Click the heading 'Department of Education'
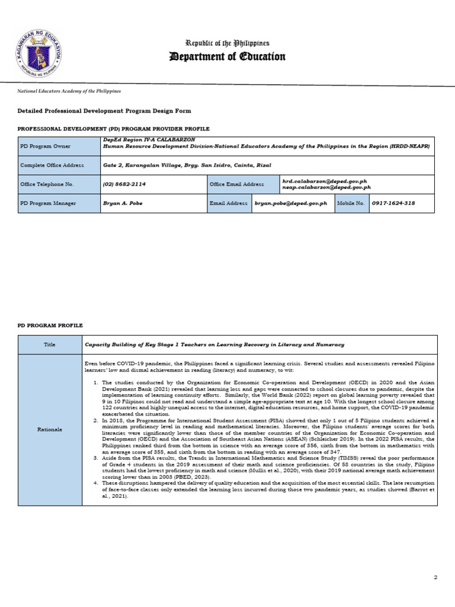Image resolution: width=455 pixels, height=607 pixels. tap(227, 57)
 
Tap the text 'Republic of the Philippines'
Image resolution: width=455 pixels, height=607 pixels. tap(227, 43)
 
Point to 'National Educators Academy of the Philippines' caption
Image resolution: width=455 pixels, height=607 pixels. tap(71, 91)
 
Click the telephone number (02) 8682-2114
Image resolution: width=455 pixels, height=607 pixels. tap(124, 184)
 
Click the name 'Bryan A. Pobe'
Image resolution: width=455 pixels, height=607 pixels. tap(123, 203)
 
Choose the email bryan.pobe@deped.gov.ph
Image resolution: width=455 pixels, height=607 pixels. tap(290, 203)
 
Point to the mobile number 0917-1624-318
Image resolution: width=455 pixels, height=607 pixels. tap(393, 203)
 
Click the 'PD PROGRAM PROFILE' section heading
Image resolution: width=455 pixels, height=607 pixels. tap(50, 325)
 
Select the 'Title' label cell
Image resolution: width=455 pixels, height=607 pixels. tap(50, 344)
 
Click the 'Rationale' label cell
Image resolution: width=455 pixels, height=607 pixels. tap(50, 430)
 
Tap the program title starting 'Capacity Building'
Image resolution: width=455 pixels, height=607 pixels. tap(214, 344)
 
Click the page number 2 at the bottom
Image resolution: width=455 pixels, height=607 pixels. tap(435, 577)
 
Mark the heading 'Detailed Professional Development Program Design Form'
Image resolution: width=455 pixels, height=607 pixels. tap(104, 111)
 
